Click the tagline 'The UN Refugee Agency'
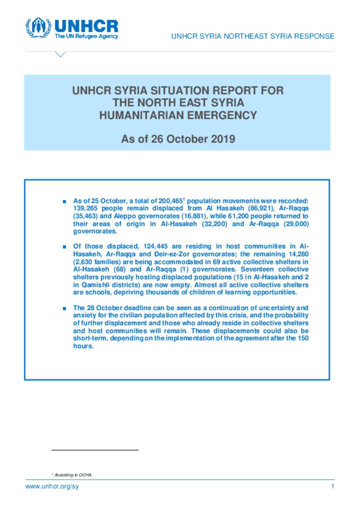86,36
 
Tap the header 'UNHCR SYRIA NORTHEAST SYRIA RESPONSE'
252,36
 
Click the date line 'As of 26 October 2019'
178,139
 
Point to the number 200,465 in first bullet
170,201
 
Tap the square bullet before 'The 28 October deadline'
64,308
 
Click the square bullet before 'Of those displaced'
64,247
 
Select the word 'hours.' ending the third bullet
83,346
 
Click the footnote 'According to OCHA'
73,475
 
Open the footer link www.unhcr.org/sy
52,487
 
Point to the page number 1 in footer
333,487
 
